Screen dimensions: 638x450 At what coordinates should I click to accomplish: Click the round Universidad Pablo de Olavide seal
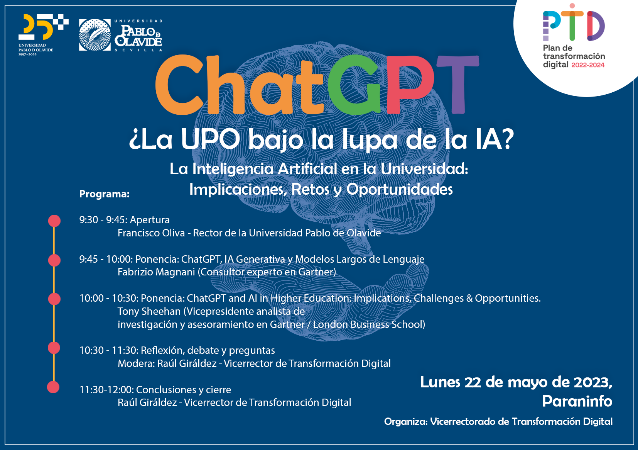95,35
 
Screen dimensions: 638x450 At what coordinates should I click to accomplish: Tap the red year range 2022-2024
588,65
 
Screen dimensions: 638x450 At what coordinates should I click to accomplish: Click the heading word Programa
104,194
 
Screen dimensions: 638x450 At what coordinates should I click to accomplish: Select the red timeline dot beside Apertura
54,221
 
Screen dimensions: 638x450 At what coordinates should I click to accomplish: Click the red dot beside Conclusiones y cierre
53,387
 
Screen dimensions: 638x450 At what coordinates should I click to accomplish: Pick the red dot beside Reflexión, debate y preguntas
54,348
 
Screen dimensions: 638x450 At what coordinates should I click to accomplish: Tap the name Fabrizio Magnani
156,272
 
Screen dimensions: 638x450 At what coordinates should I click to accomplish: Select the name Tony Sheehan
149,311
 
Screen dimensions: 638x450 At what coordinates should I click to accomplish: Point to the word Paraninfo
577,401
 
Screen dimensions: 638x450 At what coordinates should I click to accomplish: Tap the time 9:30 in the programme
89,220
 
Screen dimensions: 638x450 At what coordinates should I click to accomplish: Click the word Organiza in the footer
405,421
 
